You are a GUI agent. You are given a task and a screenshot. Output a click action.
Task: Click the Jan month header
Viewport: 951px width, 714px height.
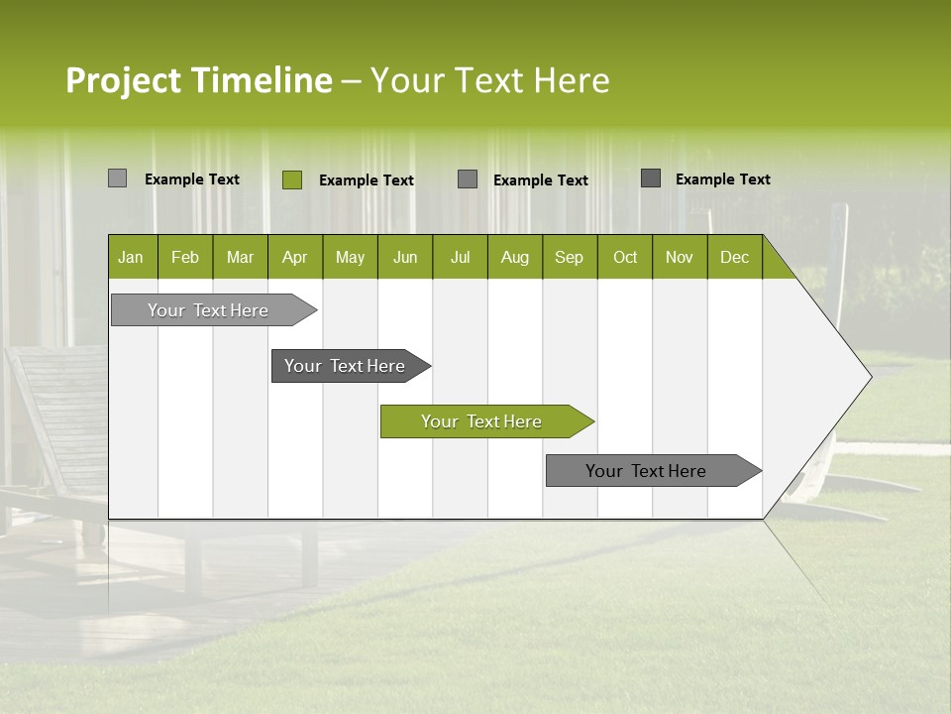[x=131, y=257]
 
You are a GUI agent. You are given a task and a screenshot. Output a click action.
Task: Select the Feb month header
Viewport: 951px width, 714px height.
[x=185, y=257]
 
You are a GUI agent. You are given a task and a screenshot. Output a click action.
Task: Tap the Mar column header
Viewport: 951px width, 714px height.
[x=240, y=257]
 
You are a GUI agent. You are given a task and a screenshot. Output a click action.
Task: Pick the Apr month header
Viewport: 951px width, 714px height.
[x=295, y=257]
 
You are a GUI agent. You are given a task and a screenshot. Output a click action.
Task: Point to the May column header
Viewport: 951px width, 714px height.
[x=350, y=257]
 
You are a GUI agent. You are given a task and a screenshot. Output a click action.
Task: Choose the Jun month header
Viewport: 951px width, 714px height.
[x=405, y=257]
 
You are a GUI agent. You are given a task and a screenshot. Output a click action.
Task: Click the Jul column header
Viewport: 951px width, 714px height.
[x=460, y=257]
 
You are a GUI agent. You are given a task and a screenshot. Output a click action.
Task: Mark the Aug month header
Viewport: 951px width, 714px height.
[x=515, y=257]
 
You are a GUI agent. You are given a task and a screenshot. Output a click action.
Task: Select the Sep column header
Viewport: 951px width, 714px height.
[x=570, y=257]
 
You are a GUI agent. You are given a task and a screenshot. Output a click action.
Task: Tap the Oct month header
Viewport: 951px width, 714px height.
[x=625, y=257]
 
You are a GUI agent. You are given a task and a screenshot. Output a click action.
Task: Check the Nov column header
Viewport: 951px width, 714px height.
[x=680, y=257]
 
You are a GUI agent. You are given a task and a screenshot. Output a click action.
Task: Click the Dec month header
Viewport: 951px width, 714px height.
[x=735, y=257]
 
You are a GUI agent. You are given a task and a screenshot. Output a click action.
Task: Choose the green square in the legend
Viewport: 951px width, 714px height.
[x=292, y=179]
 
